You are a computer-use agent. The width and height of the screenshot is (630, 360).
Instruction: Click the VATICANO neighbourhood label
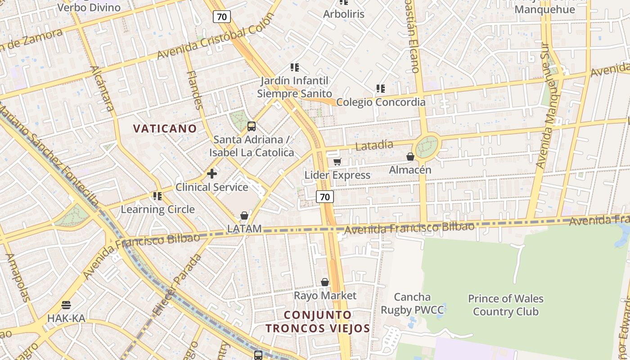(x=165, y=129)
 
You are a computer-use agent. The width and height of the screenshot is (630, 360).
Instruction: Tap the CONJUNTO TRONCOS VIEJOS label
(x=318, y=321)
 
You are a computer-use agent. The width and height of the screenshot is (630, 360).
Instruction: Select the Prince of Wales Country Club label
(x=505, y=305)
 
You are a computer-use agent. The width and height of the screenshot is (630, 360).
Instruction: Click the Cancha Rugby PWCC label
(x=412, y=303)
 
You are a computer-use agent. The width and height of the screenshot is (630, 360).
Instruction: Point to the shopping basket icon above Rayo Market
(x=325, y=282)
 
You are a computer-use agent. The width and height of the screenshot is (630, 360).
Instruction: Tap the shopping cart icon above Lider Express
(x=337, y=162)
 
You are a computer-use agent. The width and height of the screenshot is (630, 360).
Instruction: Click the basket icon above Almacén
(x=410, y=157)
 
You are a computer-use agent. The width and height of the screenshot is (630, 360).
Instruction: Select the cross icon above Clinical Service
(x=212, y=173)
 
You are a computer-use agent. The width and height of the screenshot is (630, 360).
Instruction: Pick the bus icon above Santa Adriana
(x=252, y=126)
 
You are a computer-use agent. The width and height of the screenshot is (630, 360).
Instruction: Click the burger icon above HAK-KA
(x=66, y=305)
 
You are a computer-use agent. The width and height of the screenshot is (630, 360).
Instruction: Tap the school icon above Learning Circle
(x=157, y=196)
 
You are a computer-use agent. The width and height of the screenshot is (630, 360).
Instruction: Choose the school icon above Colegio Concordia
(x=381, y=89)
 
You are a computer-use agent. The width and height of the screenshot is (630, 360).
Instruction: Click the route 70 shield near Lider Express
(x=325, y=197)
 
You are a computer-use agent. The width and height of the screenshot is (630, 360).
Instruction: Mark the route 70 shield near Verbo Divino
(x=222, y=17)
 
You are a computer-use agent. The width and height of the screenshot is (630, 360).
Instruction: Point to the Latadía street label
(x=374, y=145)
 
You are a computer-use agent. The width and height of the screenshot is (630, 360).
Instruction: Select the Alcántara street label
(x=103, y=88)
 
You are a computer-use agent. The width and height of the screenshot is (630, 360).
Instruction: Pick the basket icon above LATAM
(x=244, y=216)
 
